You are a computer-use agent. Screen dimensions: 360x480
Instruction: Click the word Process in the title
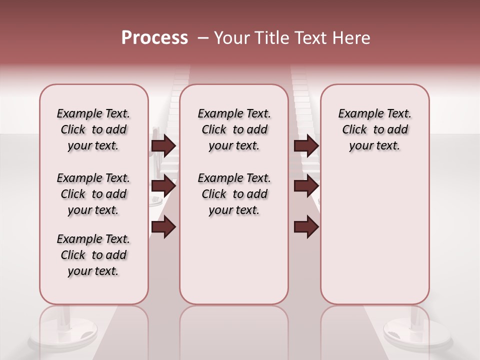coord(154,38)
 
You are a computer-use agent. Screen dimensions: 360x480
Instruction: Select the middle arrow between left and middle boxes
coord(163,186)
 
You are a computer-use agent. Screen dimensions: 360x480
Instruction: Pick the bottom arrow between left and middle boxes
coord(163,227)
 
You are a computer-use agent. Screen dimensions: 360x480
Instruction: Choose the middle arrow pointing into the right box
coord(306,186)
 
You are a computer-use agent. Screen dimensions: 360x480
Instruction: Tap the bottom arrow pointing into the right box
coord(306,227)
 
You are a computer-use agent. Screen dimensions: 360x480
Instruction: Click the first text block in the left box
coord(93,129)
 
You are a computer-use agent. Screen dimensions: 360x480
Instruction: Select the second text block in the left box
coord(93,194)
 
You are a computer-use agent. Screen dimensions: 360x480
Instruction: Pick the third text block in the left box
coord(93,255)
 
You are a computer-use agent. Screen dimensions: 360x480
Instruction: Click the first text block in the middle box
coord(234,129)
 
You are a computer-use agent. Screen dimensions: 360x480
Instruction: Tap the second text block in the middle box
coord(234,194)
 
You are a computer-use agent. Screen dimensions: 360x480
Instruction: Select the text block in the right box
coord(374,129)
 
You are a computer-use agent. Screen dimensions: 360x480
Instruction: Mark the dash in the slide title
coord(202,38)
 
